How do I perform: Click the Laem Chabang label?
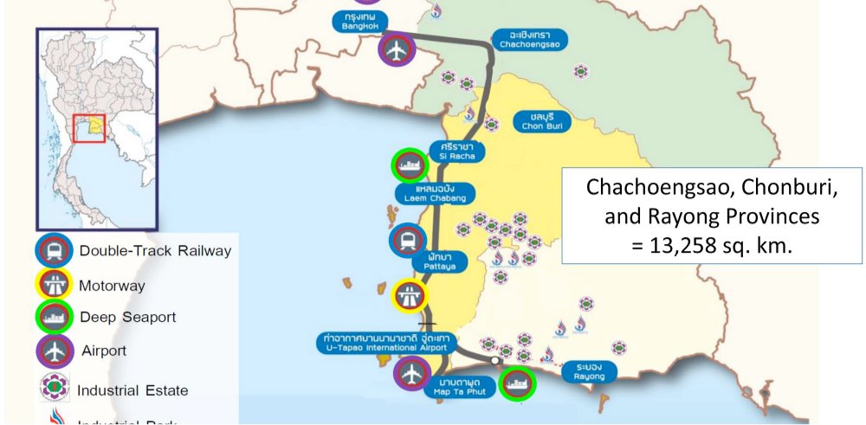click(435, 192)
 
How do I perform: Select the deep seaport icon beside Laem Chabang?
click(409, 164)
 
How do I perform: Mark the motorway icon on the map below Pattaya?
click(409, 296)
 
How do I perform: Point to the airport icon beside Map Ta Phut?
click(411, 375)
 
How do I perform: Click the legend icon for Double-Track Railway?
click(54, 251)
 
